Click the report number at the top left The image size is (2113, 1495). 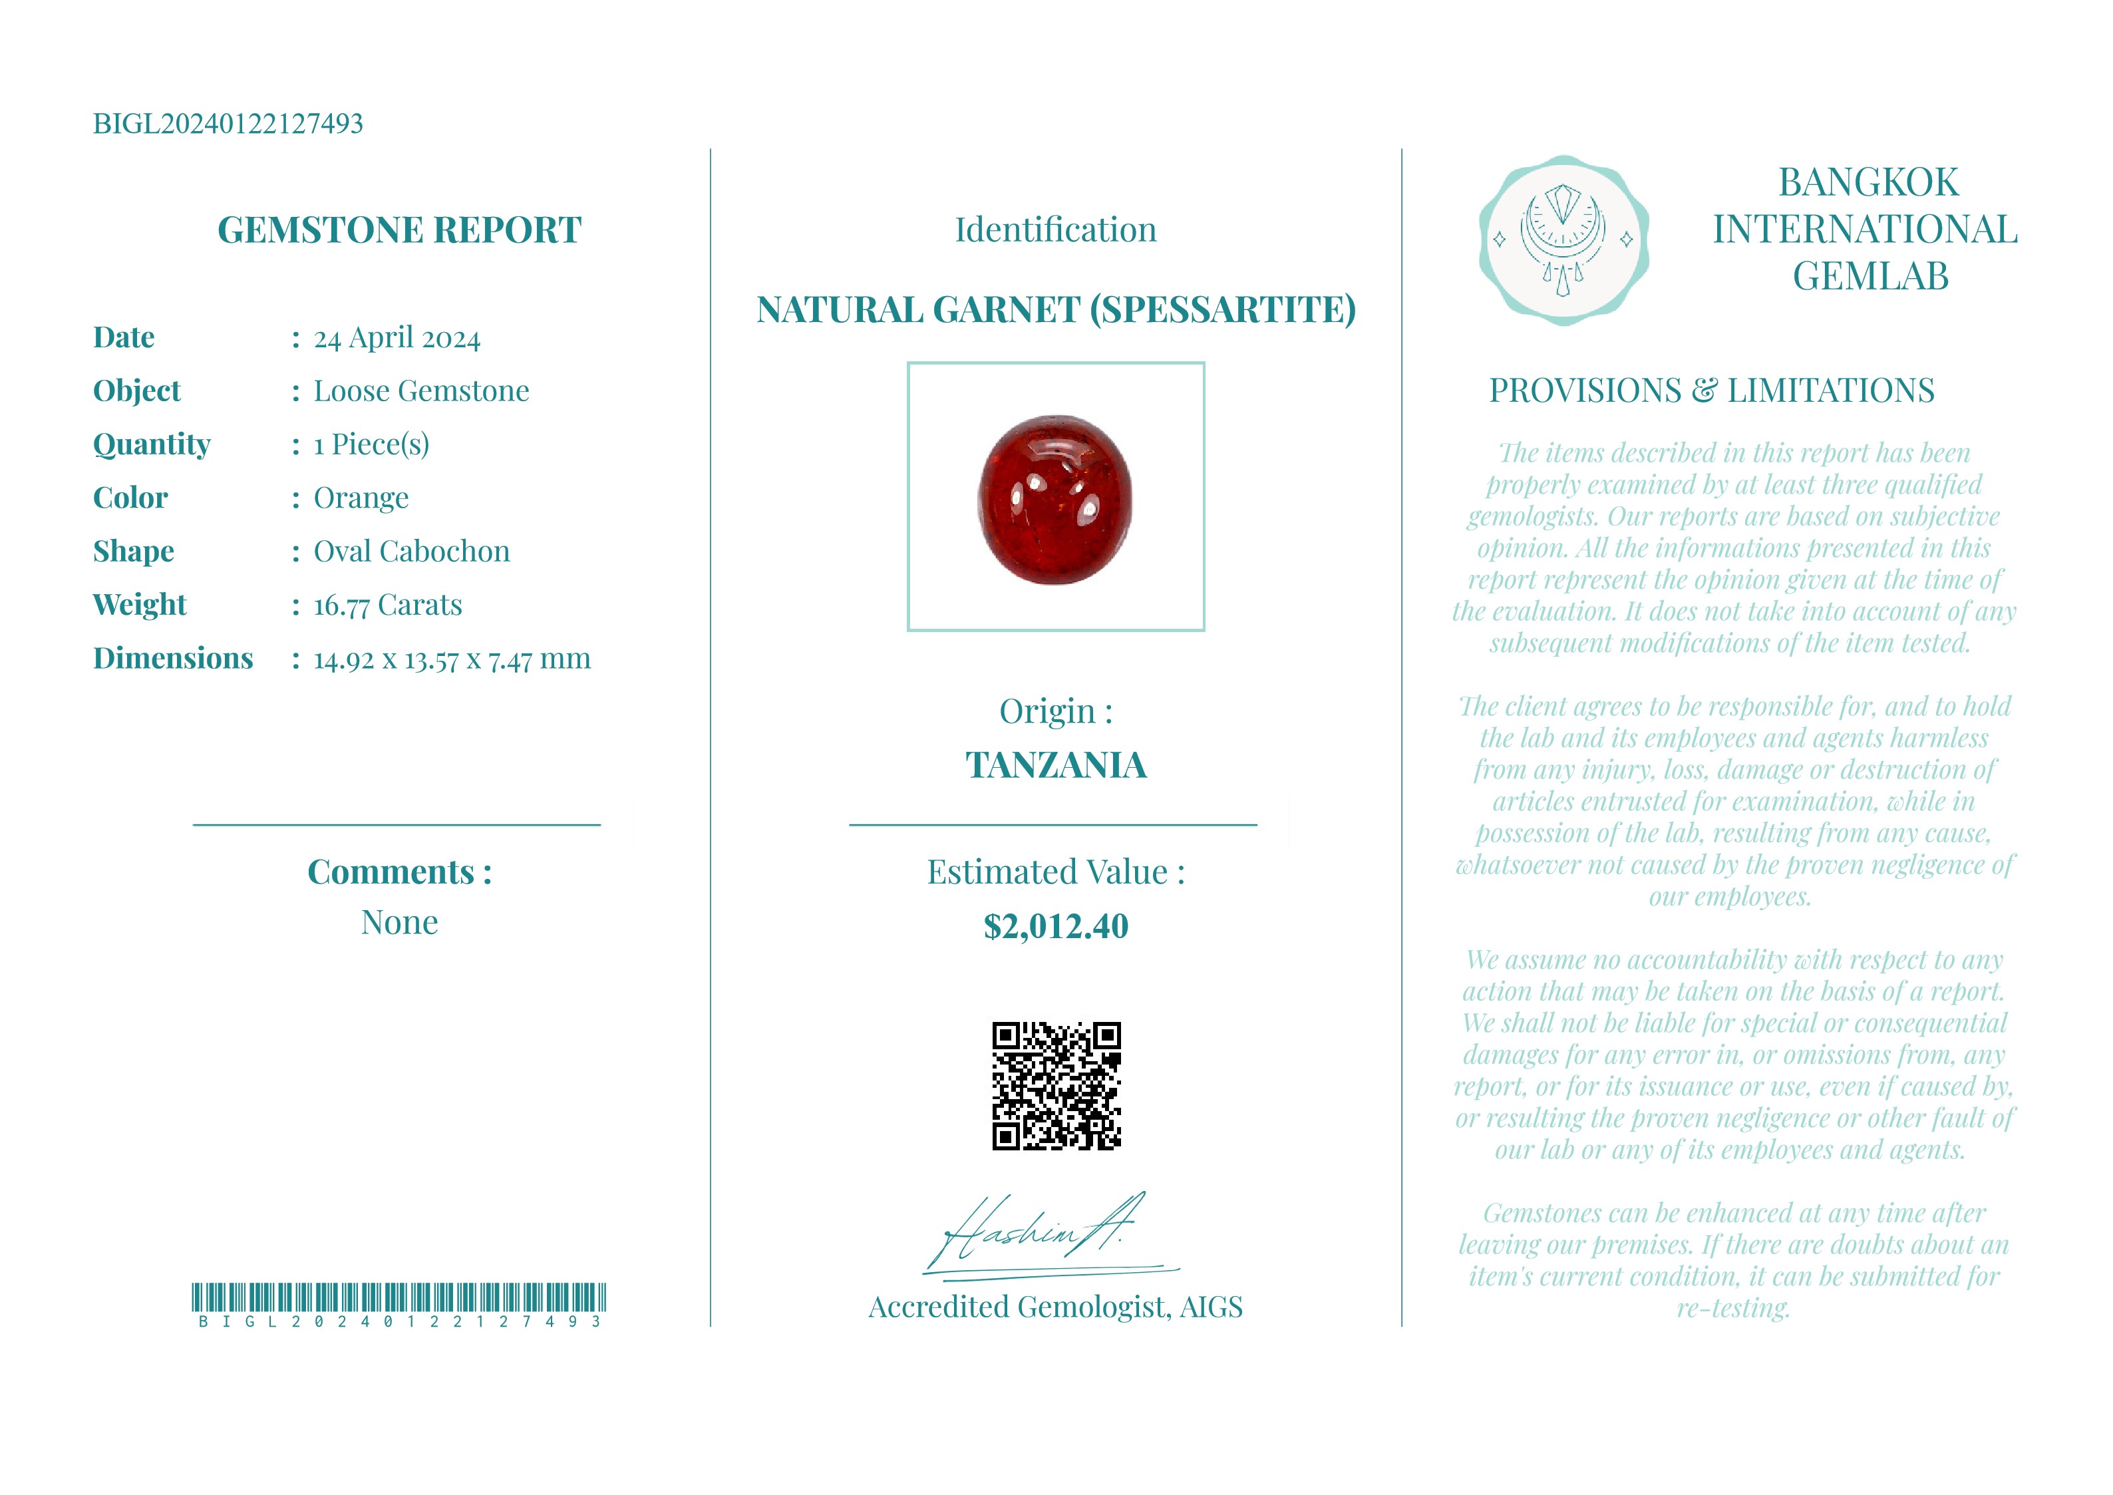(x=228, y=123)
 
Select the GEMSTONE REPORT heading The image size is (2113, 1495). (x=399, y=230)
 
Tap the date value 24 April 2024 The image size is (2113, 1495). (x=397, y=338)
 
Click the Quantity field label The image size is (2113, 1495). (x=152, y=444)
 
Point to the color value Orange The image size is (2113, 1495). (x=361, y=498)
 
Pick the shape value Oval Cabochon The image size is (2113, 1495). (x=411, y=552)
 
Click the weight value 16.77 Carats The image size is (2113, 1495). (x=387, y=605)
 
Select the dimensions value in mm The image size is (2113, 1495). (x=452, y=659)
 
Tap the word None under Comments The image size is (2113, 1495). (x=399, y=922)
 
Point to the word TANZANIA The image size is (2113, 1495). (x=1056, y=765)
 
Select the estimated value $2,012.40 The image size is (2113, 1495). (x=1056, y=926)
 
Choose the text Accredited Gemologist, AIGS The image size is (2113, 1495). (x=1056, y=1307)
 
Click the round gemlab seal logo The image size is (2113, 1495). (x=1563, y=240)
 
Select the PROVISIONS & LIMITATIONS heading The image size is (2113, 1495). (x=1712, y=391)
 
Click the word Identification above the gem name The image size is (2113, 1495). (x=1056, y=230)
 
